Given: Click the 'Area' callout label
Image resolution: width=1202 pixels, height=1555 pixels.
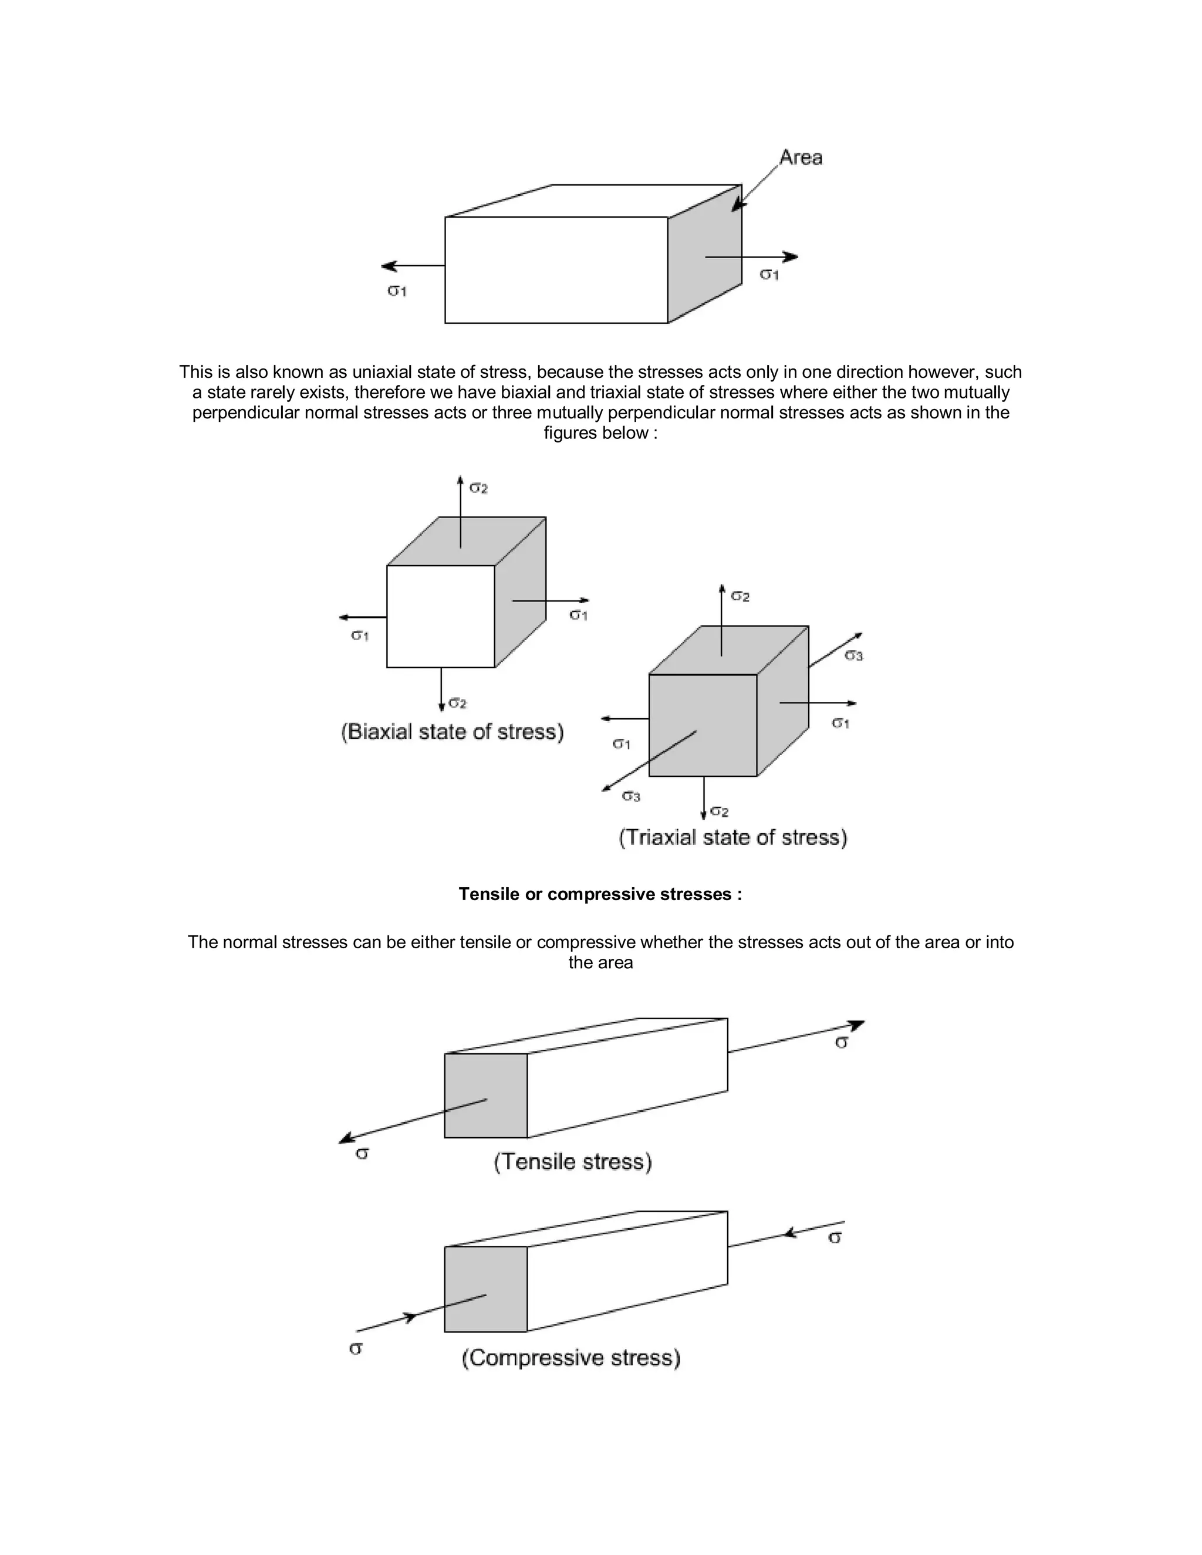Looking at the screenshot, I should (801, 157).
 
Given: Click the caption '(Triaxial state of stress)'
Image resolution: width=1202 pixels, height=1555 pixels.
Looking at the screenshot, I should (732, 837).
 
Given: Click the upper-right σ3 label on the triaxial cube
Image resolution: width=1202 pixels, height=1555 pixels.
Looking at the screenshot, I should (854, 655).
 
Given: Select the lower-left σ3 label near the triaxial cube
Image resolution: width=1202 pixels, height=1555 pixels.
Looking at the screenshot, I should (631, 796).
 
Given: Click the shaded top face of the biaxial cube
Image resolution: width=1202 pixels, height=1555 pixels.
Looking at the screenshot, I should (467, 542).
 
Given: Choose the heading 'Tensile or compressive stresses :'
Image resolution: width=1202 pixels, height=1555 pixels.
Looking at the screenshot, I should (600, 894).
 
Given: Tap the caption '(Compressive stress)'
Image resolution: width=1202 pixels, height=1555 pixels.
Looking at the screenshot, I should (571, 1358).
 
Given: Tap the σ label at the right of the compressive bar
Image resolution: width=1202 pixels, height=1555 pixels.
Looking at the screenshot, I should (835, 1238).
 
